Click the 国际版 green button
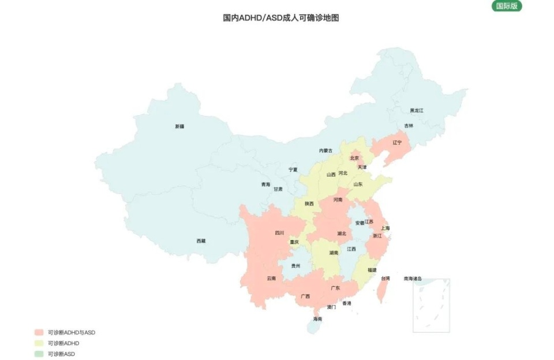pos(507,6)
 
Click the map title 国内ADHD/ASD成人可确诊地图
pos(281,18)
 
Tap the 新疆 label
pos(180,126)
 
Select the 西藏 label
pos(201,241)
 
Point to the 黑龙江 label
pos(417,110)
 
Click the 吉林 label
pos(409,125)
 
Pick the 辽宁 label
pos(397,142)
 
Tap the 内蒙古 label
pos(325,151)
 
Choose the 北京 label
pos(354,157)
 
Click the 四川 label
pos(279,233)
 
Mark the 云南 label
pos(271,278)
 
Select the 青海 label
pos(265,185)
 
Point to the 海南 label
pos(317,318)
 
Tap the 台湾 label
pos(385,278)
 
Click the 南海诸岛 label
pos(413,278)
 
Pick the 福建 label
pos(372,269)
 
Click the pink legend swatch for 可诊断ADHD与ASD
pos(39,332)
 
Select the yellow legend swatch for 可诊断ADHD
pos(39,343)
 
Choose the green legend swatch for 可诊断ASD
pos(39,354)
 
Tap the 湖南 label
pos(334,253)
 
